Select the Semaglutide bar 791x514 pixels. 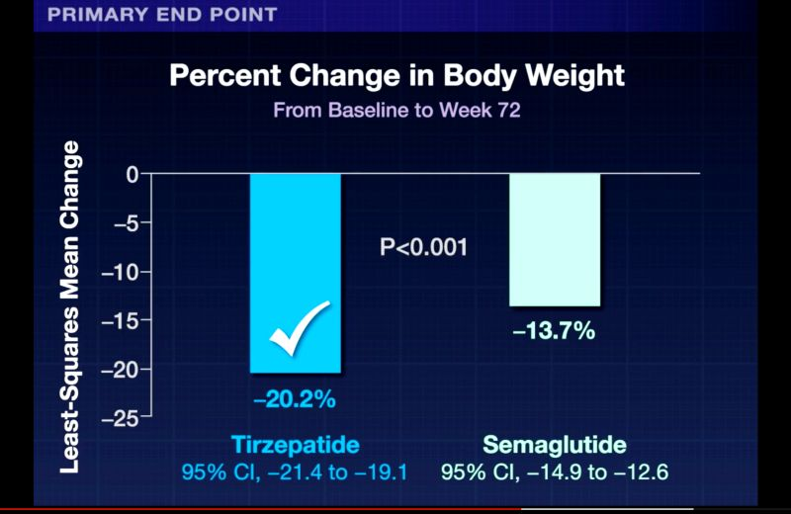[x=554, y=239]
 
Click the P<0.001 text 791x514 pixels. [x=423, y=247]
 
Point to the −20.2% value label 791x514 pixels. [x=295, y=400]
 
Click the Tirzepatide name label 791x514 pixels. [x=294, y=445]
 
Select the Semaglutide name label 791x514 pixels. [x=555, y=445]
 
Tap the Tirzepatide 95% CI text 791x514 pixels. [x=294, y=472]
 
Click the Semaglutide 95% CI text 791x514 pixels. [x=555, y=472]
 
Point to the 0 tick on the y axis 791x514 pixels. [x=132, y=175]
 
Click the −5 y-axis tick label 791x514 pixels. [x=126, y=223]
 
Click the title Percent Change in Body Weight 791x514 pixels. [x=396, y=77]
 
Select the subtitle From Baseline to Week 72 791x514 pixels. [x=396, y=110]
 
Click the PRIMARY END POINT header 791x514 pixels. [x=162, y=15]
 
